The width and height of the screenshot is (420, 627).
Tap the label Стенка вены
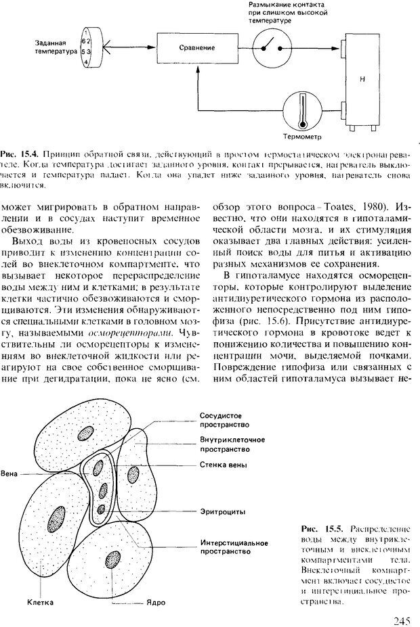(223, 466)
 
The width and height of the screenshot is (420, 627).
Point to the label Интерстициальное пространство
(234, 547)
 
